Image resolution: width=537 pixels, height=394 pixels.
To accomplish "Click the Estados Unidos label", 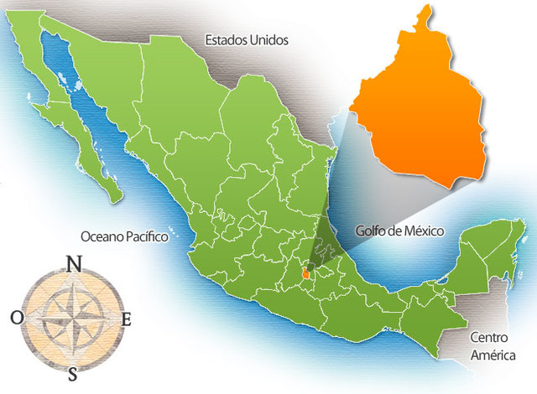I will click(x=248, y=39).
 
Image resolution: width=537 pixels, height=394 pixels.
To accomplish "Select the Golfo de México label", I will click(x=399, y=230).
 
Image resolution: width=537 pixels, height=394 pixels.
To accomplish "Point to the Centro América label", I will click(x=492, y=347).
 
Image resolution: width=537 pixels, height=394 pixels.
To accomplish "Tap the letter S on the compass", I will click(x=74, y=372).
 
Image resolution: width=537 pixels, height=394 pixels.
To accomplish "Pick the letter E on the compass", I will click(x=127, y=319).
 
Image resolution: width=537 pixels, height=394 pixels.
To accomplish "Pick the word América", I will click(x=492, y=355).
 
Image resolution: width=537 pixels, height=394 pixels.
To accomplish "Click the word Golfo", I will click(x=370, y=230).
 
